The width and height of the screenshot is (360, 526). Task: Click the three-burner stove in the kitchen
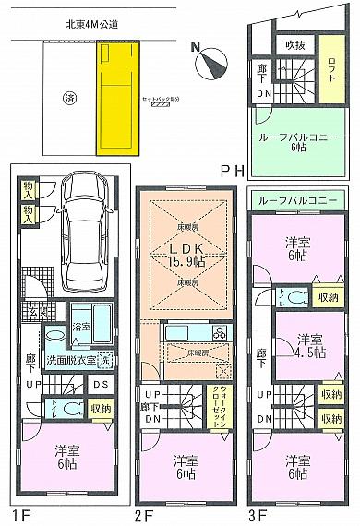[221, 332]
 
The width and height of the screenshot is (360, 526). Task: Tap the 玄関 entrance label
[30, 310]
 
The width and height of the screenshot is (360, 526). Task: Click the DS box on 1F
[100, 384]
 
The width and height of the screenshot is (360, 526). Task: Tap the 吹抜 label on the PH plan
[294, 44]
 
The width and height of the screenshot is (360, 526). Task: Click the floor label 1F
[21, 515]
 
